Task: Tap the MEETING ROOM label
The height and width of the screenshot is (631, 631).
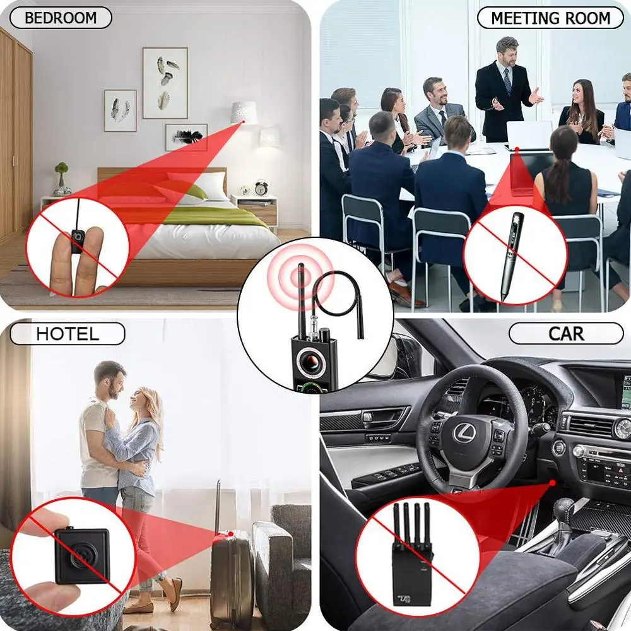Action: click(x=550, y=18)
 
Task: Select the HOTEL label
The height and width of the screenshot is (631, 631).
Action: click(x=68, y=334)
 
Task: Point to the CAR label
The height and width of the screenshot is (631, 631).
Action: click(x=565, y=333)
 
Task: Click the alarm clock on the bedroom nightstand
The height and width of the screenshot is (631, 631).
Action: click(x=261, y=187)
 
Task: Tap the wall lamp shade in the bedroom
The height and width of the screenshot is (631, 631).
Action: click(x=244, y=113)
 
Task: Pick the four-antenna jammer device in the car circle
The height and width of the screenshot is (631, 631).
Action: click(x=410, y=555)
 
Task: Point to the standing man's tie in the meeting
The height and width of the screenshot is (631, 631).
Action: click(x=507, y=81)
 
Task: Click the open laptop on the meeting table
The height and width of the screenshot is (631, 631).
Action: click(x=528, y=136)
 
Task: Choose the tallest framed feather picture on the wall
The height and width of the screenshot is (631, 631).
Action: click(x=165, y=83)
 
